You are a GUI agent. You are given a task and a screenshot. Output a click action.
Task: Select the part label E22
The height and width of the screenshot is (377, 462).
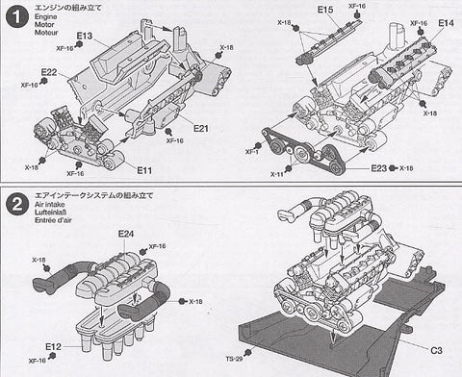point(50,73)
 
